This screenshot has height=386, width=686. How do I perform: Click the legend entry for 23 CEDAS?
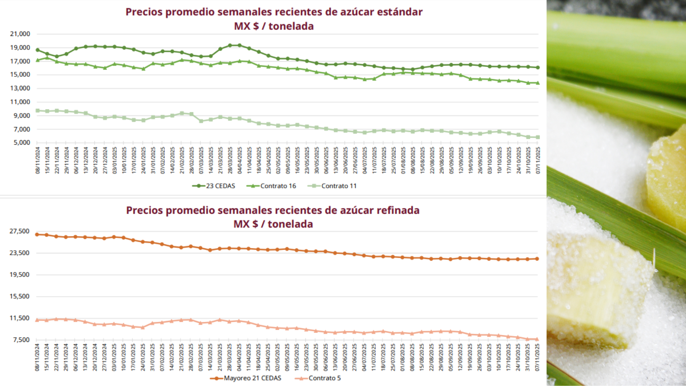tap(214, 186)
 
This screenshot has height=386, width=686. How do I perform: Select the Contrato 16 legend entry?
tap(272, 186)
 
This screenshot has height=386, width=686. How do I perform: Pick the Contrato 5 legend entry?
tap(318, 378)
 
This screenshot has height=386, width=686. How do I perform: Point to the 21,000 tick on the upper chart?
tap(20, 34)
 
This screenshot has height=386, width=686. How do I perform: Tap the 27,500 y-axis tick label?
tap(20, 231)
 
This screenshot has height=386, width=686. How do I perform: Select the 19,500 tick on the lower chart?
tap(20, 274)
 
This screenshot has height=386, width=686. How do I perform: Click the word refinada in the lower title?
tap(398, 210)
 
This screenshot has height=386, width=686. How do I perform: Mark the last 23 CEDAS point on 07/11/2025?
tap(538, 67)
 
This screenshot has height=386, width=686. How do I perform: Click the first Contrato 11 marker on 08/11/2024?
tap(38, 111)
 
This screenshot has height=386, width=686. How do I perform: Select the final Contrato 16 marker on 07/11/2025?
tap(538, 83)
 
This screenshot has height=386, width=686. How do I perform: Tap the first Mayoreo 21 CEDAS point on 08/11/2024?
tap(37, 234)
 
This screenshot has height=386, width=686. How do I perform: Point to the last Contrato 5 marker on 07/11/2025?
tap(537, 339)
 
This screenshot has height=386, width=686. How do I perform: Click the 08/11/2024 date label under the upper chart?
tap(38, 161)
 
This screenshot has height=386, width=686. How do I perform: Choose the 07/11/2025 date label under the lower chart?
tap(537, 357)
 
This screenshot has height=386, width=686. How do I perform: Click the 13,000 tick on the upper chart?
tap(20, 88)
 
